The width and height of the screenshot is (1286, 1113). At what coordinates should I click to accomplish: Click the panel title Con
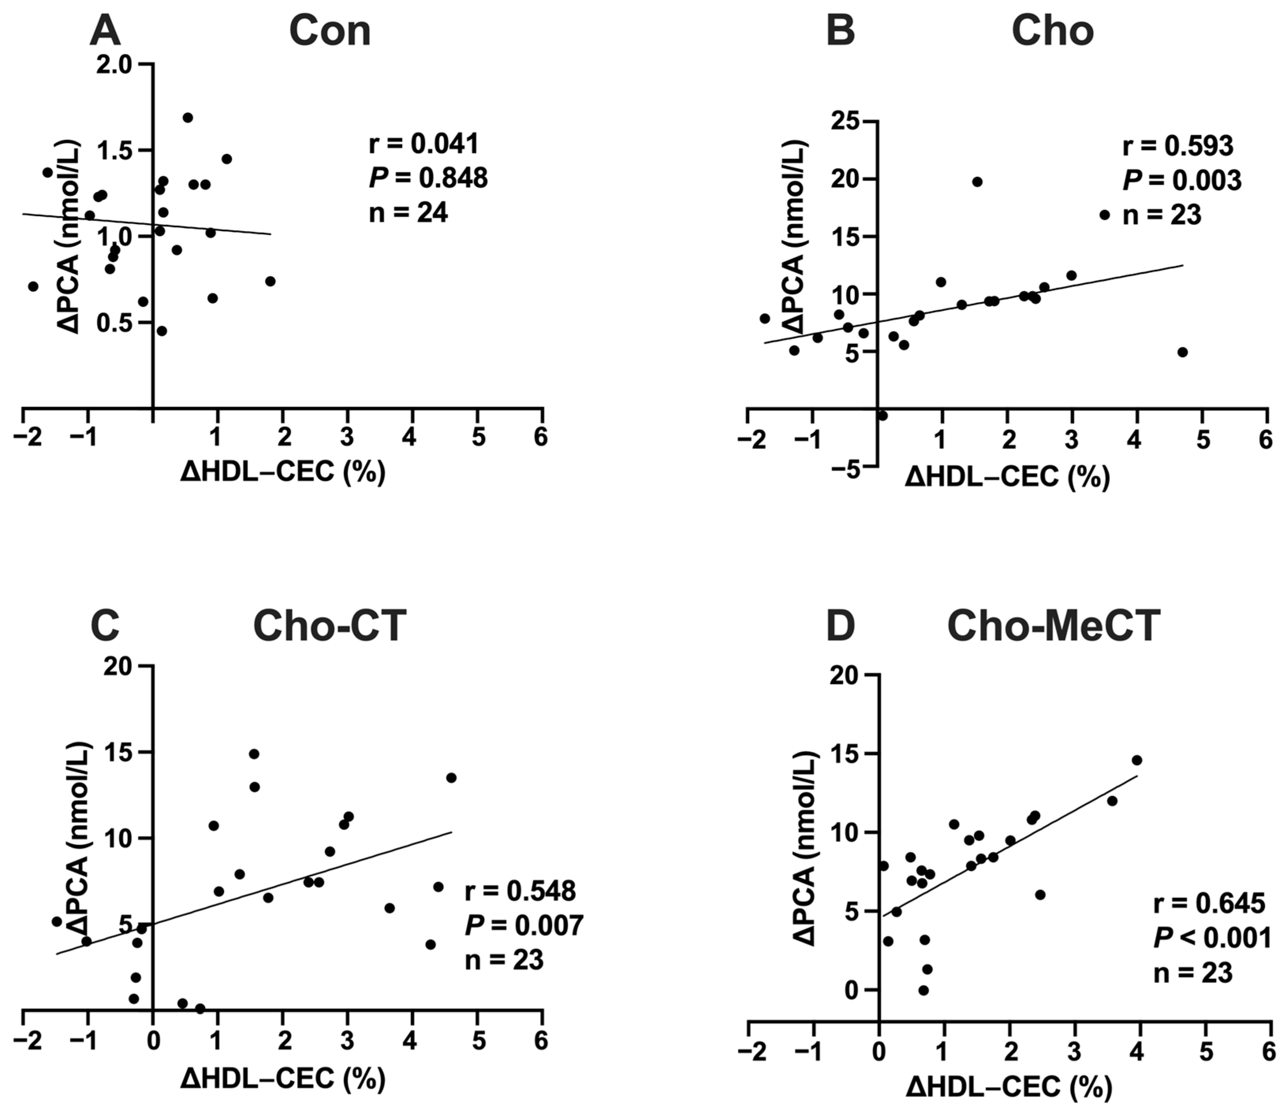point(330,31)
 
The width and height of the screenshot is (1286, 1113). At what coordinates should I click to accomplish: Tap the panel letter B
point(841,31)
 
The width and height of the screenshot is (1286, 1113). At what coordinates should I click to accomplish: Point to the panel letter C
point(105,625)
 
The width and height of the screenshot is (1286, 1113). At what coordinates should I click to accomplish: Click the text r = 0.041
point(424,144)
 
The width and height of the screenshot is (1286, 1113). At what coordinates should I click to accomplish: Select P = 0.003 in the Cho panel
point(1182,181)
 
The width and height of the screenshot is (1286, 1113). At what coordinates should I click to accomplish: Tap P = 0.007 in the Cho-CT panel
point(524,926)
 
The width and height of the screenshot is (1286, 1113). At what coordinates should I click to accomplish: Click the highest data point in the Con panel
point(188,117)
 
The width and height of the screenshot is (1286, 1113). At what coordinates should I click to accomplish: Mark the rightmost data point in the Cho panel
point(1182,352)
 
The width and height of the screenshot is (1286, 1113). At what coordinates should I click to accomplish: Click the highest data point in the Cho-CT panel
point(253,754)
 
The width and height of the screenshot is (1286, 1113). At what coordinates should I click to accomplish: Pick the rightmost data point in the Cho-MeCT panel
point(1137,760)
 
